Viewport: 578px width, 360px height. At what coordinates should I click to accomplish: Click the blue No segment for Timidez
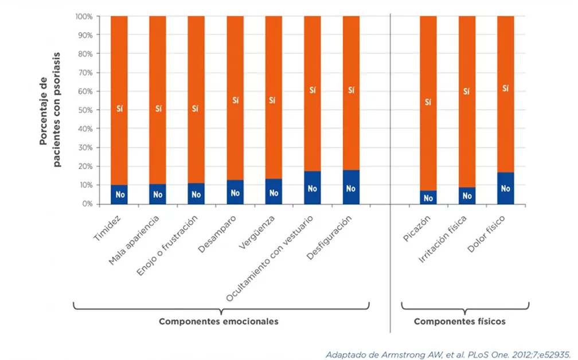point(119,194)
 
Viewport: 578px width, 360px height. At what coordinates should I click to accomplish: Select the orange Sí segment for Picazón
point(428,103)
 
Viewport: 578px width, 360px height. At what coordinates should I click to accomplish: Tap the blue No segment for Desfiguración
point(351,187)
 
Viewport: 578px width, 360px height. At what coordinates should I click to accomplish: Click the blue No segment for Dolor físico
point(505,188)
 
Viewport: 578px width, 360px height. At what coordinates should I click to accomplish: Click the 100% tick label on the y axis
point(83,16)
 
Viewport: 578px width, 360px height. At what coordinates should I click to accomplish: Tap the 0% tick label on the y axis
point(86,204)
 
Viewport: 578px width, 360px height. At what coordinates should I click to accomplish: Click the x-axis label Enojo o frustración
point(168,246)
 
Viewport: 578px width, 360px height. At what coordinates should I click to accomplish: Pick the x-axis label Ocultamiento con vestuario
point(270,259)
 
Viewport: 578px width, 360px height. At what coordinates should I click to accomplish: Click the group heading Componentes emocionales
point(218,322)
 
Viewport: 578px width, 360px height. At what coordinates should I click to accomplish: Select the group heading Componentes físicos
point(460,322)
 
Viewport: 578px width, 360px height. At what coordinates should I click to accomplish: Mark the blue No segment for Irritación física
point(467,195)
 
